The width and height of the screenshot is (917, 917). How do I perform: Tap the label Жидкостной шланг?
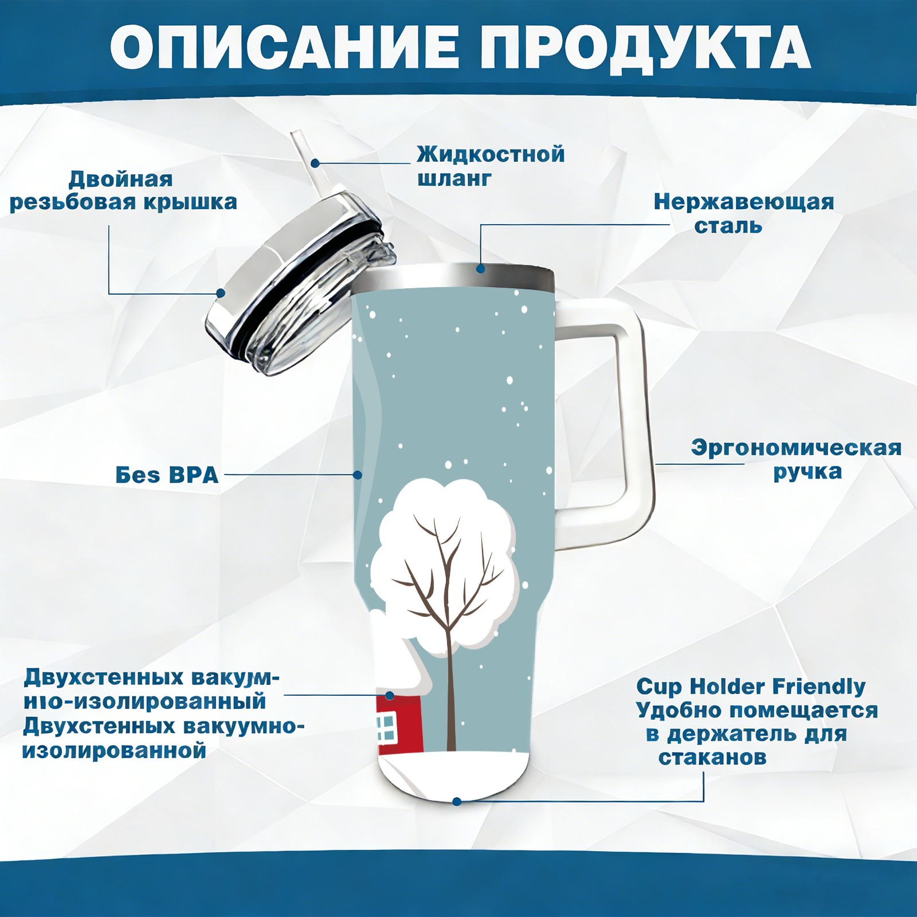[x=491, y=166]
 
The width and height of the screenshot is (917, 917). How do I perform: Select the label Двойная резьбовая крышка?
[x=123, y=190]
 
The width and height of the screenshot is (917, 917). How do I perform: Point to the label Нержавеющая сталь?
[x=744, y=213]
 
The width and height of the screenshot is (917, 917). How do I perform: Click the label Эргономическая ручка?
[x=796, y=459]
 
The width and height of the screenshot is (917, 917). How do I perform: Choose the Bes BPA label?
[x=167, y=475]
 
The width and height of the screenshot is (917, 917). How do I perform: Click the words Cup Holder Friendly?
[x=751, y=686]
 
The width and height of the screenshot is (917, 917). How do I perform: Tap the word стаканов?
[x=712, y=757]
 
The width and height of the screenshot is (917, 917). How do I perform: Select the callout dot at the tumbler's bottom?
[x=457, y=801]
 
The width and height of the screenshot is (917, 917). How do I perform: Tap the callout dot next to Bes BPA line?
[x=358, y=475]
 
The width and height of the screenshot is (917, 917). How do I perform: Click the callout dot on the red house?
[x=390, y=695]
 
